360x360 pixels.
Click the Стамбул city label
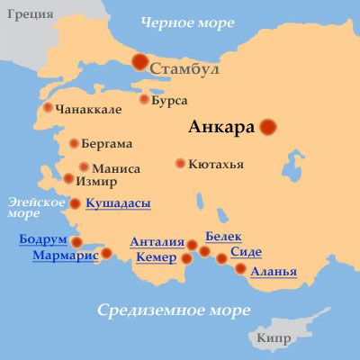pyautogui.click(x=186, y=67)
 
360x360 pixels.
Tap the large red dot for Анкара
pyautogui.click(x=268, y=128)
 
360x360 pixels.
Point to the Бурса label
pyautogui.click(x=170, y=100)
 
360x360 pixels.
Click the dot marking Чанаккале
pyautogui.click(x=49, y=107)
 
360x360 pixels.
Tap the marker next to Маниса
pyautogui.click(x=84, y=167)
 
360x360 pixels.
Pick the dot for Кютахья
pyautogui.click(x=181, y=164)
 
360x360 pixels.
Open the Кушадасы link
pyautogui.click(x=118, y=203)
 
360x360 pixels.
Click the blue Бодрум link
pyautogui.click(x=42, y=238)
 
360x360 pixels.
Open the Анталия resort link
pyautogui.click(x=157, y=242)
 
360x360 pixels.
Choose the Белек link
pyautogui.click(x=223, y=236)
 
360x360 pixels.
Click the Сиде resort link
pyautogui.click(x=246, y=253)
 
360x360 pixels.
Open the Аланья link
pyautogui.click(x=274, y=271)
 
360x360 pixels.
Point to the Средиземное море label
pyautogui.click(x=173, y=311)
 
